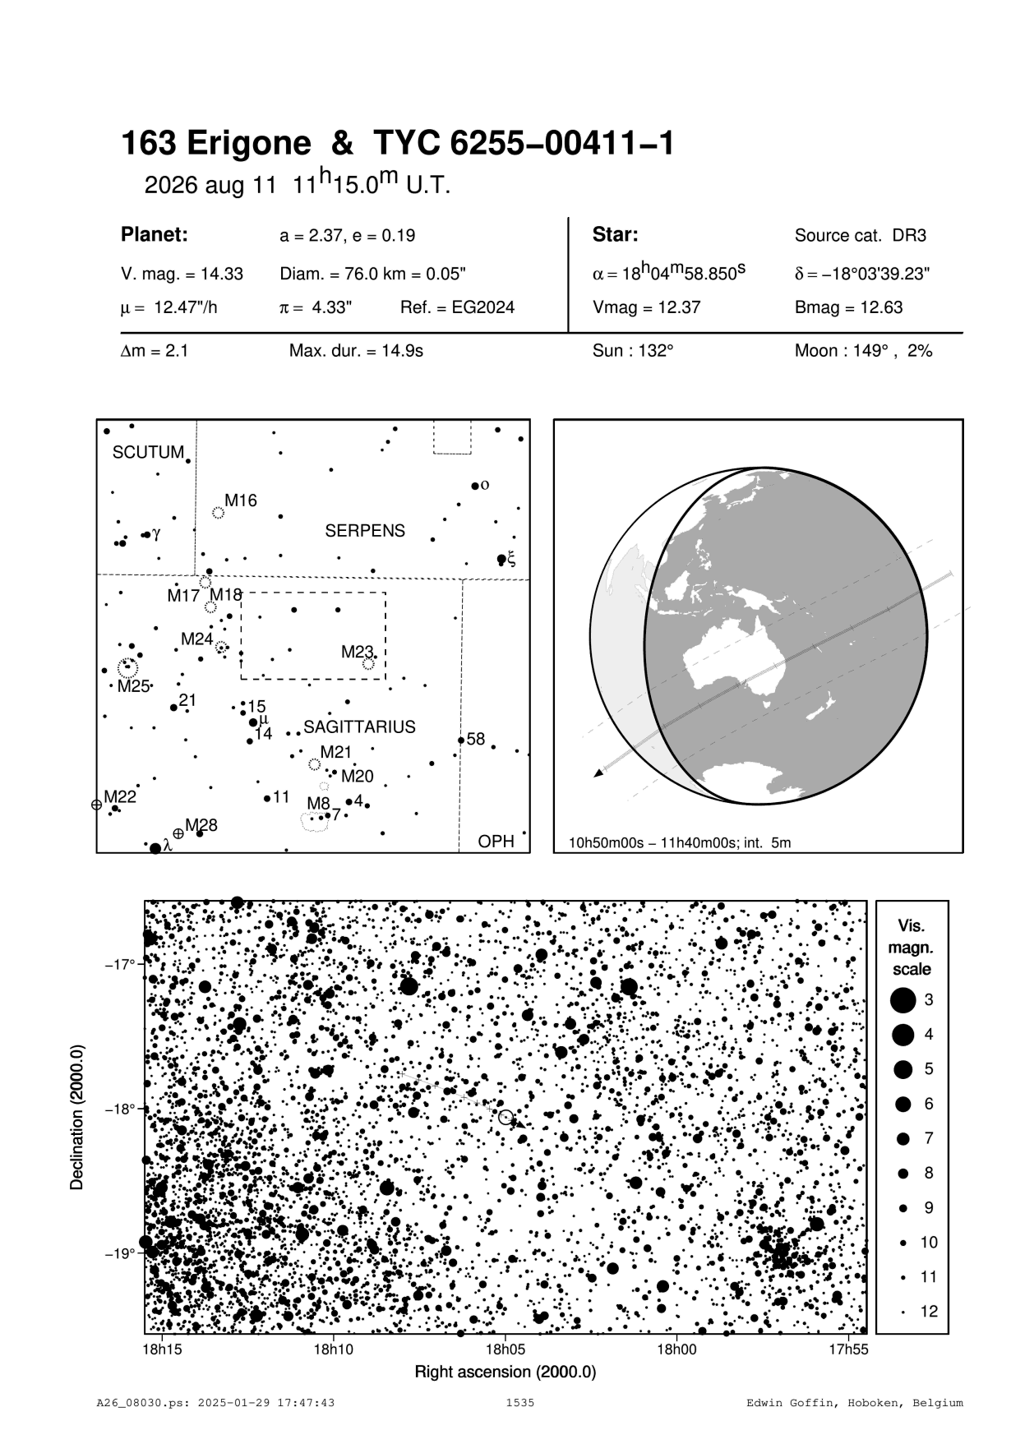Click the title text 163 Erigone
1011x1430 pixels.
tap(216, 145)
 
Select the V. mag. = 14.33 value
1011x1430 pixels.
tap(182, 274)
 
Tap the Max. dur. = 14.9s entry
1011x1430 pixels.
tap(356, 352)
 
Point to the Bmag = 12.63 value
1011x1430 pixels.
tap(848, 308)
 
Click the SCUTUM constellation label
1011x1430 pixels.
tap(148, 453)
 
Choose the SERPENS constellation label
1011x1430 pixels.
tap(365, 531)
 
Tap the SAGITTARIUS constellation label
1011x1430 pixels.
tap(359, 727)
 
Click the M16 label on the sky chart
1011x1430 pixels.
tap(241, 501)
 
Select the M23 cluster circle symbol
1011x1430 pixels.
tap(368, 663)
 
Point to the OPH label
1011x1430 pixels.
tap(496, 842)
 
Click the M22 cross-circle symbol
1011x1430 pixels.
tap(96, 805)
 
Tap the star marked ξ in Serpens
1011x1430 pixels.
tap(502, 560)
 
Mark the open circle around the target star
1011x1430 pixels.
tap(505, 1117)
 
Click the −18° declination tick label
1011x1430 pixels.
tap(119, 1109)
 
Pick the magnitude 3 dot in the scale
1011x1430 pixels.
tap(903, 1000)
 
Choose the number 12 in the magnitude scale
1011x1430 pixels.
tap(929, 1311)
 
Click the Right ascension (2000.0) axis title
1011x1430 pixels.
tap(505, 1372)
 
